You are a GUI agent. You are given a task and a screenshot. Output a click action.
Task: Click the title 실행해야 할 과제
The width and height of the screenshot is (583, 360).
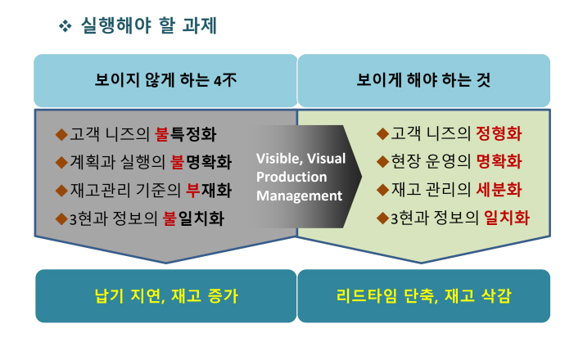(x=149, y=25)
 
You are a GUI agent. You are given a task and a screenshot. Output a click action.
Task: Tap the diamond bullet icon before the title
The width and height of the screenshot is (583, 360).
(x=65, y=26)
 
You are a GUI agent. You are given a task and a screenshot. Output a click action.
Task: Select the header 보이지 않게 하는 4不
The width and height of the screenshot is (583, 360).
(x=165, y=80)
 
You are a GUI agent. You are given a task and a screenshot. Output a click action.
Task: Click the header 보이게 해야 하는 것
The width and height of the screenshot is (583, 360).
(x=423, y=80)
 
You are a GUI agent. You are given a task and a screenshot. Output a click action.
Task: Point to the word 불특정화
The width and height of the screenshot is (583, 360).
(x=186, y=134)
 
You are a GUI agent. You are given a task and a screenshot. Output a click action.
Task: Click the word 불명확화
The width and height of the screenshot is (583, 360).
(x=201, y=162)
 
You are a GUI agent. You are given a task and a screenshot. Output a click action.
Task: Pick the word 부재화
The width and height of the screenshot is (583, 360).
(x=209, y=190)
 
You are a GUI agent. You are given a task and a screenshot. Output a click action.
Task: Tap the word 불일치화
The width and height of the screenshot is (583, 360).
(x=194, y=218)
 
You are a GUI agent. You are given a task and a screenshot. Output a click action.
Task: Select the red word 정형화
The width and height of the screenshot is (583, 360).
(x=499, y=133)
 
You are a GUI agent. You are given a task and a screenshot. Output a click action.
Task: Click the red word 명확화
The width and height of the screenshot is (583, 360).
(x=499, y=162)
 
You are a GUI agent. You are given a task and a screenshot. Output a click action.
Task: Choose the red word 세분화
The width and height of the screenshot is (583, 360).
(x=499, y=190)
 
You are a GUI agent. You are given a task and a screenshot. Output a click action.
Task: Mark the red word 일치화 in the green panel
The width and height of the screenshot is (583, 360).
(x=507, y=218)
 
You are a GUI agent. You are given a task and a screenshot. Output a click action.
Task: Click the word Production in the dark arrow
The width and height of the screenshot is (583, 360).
(x=291, y=177)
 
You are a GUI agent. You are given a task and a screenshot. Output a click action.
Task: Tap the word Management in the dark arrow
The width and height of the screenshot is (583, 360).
(x=300, y=196)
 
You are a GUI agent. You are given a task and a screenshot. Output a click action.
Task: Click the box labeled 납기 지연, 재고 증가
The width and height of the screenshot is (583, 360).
(x=166, y=296)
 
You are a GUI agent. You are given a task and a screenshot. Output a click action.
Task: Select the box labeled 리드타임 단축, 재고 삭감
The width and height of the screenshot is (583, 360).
(x=424, y=296)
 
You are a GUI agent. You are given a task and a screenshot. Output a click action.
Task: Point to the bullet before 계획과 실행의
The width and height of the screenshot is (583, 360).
(x=61, y=162)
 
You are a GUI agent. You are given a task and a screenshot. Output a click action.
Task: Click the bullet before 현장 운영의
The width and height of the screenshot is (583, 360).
(x=382, y=162)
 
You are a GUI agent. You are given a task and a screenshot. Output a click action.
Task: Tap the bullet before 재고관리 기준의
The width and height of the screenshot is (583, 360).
(x=61, y=191)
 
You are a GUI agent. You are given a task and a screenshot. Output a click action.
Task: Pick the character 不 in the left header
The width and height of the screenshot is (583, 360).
(x=229, y=80)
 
